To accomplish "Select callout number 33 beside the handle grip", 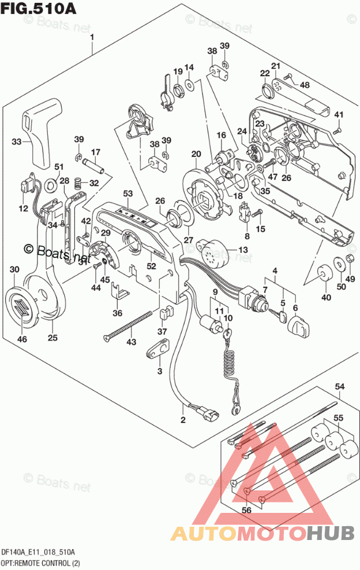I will tap(17, 141).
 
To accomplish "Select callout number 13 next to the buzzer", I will tap(242, 249).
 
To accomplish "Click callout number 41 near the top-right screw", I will tap(339, 114).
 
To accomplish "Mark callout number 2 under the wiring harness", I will tap(183, 419).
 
